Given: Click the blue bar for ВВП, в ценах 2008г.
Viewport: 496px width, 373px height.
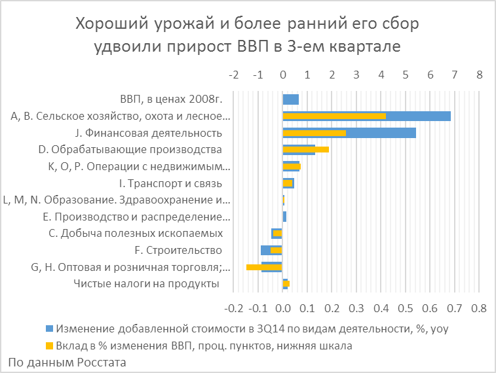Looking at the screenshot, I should (x=290, y=99).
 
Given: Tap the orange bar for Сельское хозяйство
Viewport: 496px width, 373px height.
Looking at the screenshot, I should (x=334, y=116).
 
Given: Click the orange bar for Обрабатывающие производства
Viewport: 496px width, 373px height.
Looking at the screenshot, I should (x=305, y=150).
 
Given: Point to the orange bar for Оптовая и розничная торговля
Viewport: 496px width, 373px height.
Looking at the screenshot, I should (x=263, y=267).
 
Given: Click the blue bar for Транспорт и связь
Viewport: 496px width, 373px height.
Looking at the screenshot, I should (x=288, y=183).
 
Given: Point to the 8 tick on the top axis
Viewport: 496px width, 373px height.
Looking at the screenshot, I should (x=480, y=75).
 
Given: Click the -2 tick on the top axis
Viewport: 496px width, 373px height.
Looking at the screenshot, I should (x=233, y=75).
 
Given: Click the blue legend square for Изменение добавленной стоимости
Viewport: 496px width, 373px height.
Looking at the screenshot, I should (x=48, y=328).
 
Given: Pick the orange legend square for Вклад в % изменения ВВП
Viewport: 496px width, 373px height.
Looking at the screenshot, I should (x=48, y=346).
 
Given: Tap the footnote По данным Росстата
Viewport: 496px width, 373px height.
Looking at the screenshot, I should (x=67, y=361).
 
